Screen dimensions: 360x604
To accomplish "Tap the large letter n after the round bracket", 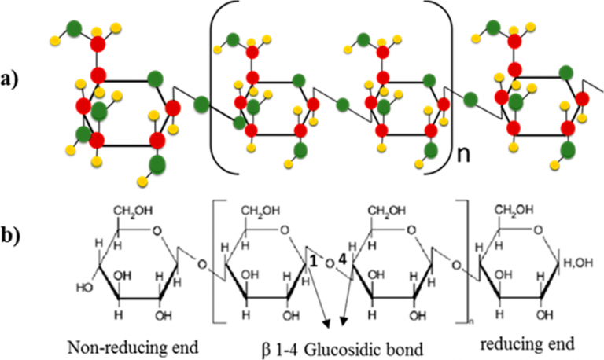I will point(465,160).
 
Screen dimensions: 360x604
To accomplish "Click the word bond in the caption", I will point(400,345).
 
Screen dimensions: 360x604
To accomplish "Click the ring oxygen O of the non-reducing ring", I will point(157,231).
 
